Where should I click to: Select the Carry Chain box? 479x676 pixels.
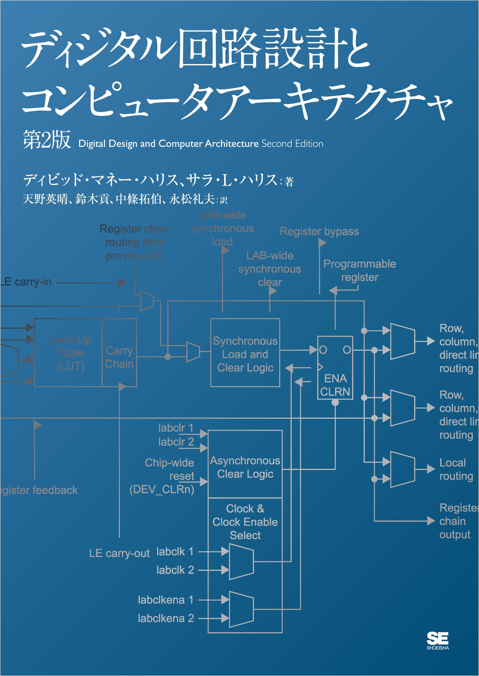click(119, 357)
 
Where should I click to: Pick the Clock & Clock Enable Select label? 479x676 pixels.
click(245, 522)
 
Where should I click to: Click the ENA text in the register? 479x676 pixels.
click(335, 378)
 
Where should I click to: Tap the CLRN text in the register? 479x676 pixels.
click(335, 392)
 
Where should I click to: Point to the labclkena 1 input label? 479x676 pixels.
click(166, 600)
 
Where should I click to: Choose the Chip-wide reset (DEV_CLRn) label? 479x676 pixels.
click(162, 476)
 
